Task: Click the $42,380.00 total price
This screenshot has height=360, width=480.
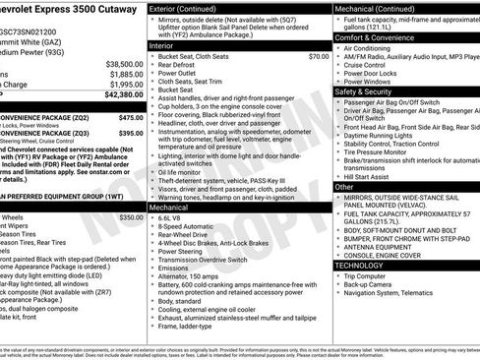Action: [122, 94]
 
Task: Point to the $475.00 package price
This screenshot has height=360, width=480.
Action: [131, 117]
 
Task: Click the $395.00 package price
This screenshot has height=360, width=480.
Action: [131, 133]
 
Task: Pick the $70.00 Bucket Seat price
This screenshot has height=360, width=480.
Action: [318, 57]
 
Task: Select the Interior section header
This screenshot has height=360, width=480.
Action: [161, 45]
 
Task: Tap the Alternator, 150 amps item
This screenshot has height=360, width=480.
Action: [193, 275]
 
